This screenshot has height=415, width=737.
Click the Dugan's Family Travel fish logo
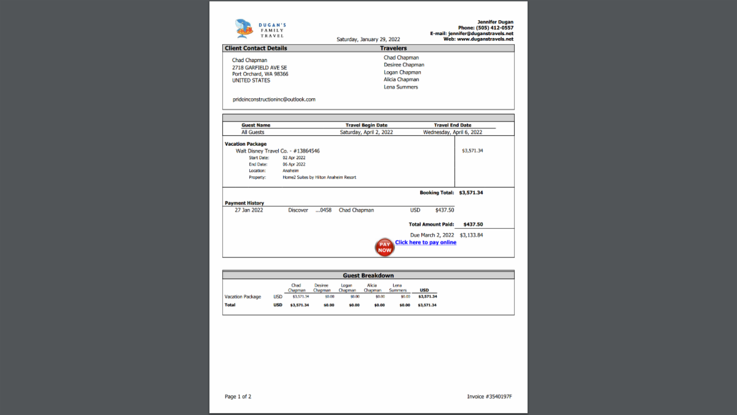click(x=245, y=28)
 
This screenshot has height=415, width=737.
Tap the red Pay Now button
click(x=384, y=247)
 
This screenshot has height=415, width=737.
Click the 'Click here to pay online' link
click(x=426, y=242)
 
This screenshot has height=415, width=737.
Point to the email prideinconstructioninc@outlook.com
click(x=274, y=99)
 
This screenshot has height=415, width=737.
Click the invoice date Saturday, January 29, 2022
click(x=368, y=39)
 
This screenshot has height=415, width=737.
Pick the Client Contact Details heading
click(x=256, y=48)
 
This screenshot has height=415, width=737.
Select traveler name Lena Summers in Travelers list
click(x=401, y=87)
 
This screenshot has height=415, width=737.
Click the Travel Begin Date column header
click(x=367, y=125)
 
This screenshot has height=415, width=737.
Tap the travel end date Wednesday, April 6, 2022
click(x=453, y=132)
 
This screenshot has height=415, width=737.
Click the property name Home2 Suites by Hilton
click(x=319, y=177)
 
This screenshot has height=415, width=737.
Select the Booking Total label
click(x=437, y=192)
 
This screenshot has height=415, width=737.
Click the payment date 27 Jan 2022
click(x=249, y=210)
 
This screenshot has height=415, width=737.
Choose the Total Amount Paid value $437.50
click(x=473, y=224)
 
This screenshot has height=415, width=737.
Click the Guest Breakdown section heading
click(x=368, y=275)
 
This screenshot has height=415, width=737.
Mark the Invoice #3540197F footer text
click(x=489, y=397)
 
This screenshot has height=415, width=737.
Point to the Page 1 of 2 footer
click(x=238, y=397)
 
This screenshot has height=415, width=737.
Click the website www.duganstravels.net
click(x=485, y=39)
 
